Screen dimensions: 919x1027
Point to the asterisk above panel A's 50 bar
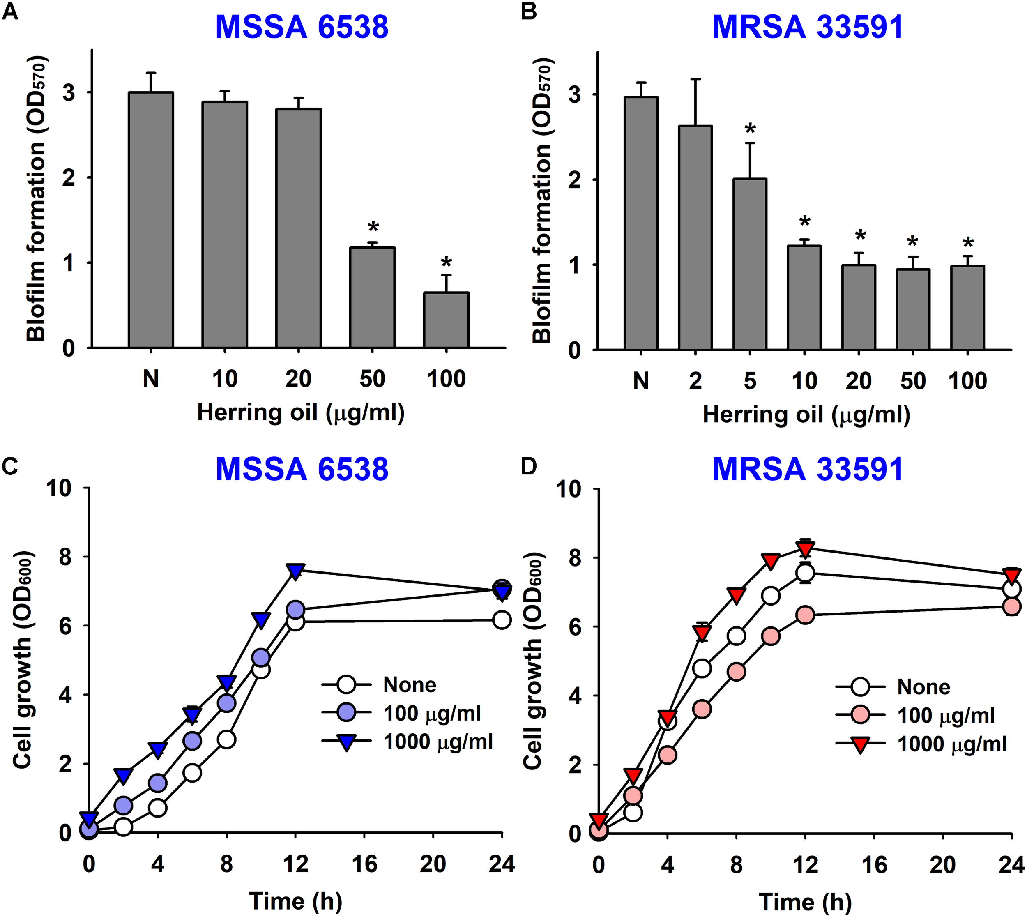pos(373,228)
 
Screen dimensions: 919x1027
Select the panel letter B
pos(528,11)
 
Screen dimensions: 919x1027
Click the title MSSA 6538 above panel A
pos(302,27)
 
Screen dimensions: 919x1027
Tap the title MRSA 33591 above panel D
pos(807,470)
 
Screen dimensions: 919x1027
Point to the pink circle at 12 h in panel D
pos(805,615)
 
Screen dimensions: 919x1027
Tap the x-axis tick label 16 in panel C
pos(364,864)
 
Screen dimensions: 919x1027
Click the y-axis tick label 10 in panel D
pos(568,489)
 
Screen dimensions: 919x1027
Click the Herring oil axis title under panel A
pos(301,412)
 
